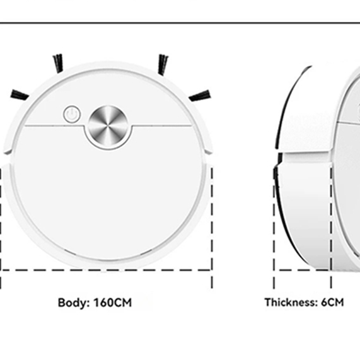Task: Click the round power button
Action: click(72, 114)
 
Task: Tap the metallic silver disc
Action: click(108, 126)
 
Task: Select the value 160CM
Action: click(112, 303)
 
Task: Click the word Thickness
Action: click(291, 302)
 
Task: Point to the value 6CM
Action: click(332, 302)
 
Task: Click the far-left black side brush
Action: click(20, 95)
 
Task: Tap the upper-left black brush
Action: click(58, 64)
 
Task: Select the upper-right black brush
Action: click(163, 64)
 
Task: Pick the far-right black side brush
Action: click(200, 95)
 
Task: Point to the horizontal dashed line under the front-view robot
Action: click(106, 270)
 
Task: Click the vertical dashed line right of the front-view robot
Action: click(212, 228)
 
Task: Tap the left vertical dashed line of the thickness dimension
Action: click(274, 228)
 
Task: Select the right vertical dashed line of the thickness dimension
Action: click(331, 228)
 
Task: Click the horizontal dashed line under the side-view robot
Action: click(303, 270)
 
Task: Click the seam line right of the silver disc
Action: click(162, 125)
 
